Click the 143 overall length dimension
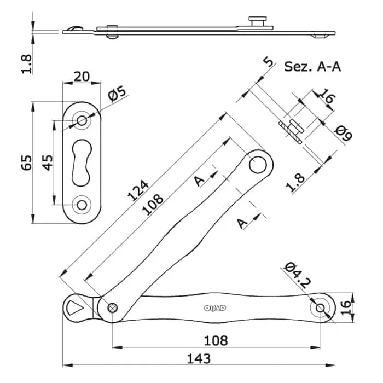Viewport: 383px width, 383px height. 199,359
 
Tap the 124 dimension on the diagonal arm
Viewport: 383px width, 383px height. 138,190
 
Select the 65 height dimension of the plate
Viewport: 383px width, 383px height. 27,163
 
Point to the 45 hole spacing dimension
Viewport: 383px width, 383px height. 48,163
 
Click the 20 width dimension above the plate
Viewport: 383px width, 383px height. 82,77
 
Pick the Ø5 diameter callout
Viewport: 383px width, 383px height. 117,94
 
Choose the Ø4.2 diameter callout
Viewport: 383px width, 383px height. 297,275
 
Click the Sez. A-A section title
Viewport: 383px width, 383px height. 312,66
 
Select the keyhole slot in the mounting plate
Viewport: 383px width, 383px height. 82,163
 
